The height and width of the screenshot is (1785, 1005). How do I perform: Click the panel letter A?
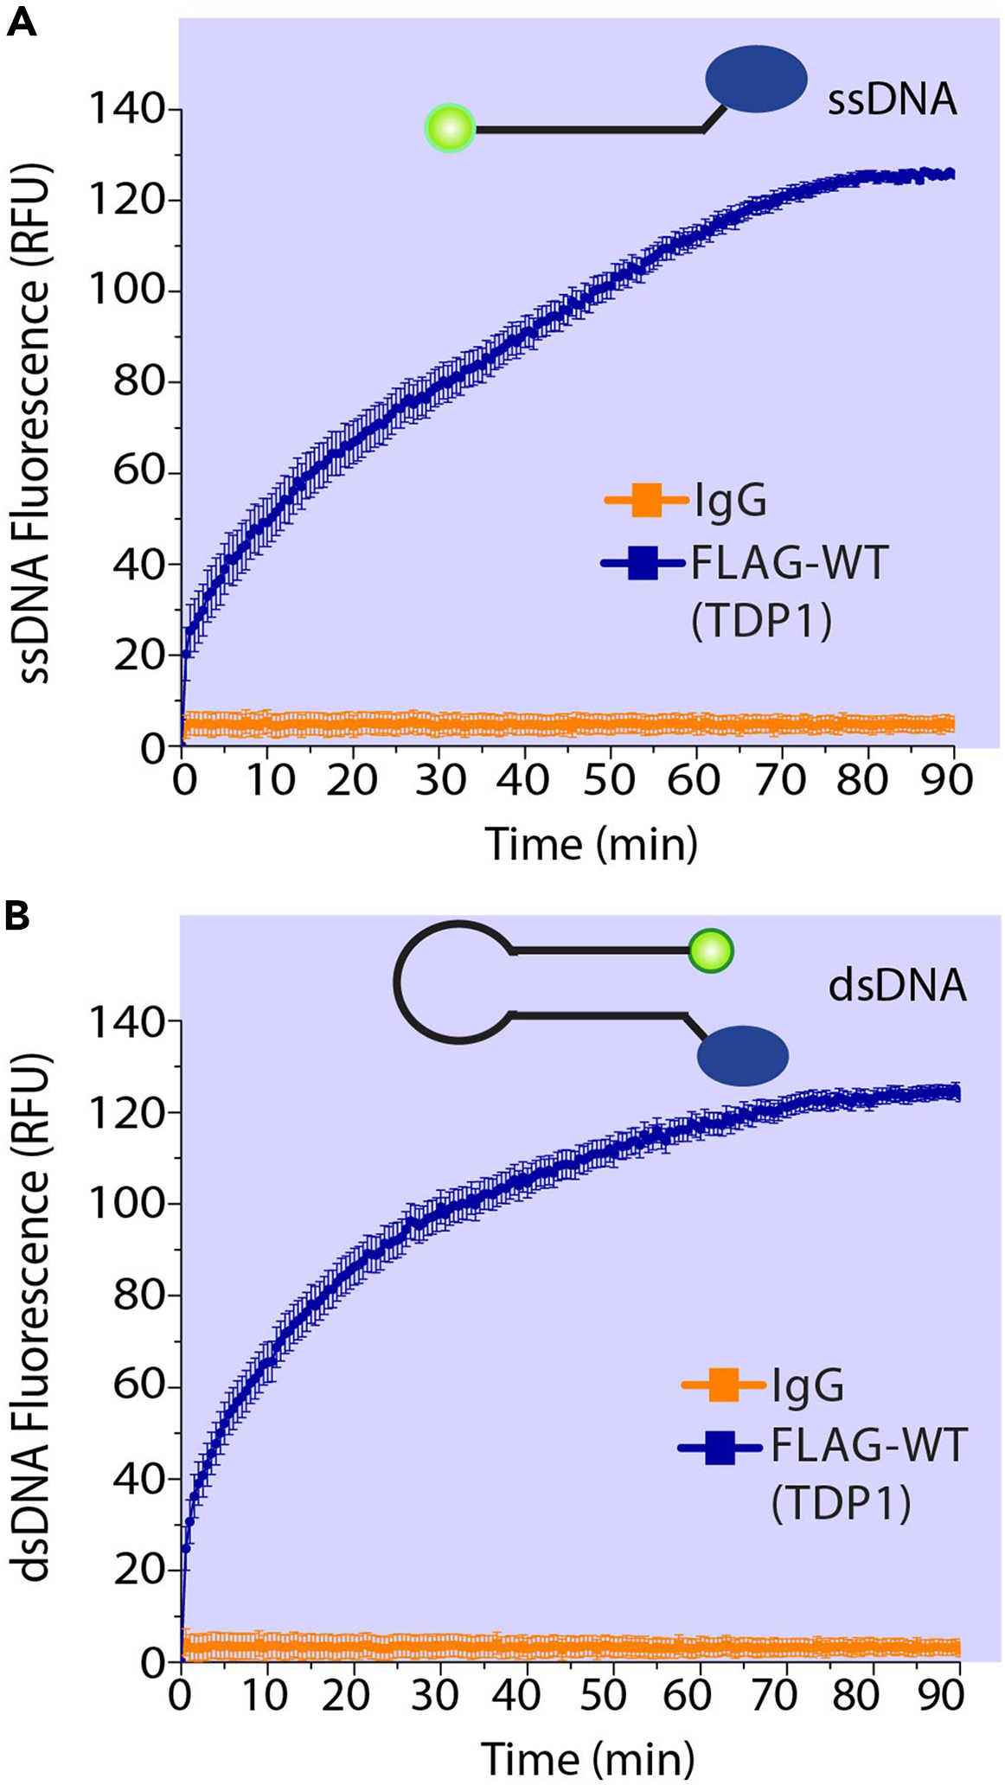point(21,22)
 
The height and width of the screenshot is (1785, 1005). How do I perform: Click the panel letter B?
point(17,915)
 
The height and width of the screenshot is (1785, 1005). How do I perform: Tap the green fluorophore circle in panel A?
point(450,129)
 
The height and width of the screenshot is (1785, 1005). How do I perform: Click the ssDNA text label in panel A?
point(892,100)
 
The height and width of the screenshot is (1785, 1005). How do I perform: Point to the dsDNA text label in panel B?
point(897,986)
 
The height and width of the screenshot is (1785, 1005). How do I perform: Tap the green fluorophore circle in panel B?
point(710,951)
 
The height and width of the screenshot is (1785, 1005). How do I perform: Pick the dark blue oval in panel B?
point(742,1055)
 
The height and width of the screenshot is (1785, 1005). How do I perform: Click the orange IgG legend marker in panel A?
point(646,500)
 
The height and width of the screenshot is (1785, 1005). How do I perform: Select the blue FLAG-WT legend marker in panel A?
point(643,564)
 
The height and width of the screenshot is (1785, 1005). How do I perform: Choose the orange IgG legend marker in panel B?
point(723,1385)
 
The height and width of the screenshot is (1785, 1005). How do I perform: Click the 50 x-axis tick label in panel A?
point(609,781)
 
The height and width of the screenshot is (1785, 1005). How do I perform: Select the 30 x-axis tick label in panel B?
point(434,1696)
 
